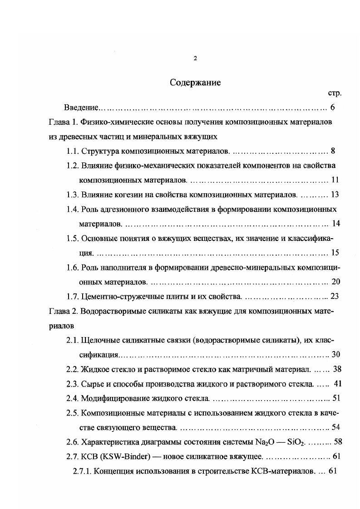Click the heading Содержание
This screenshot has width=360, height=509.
coord(195,83)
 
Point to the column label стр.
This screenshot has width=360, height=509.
coord(334,93)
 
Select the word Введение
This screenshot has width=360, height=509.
coord(81,108)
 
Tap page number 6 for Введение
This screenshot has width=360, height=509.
coord(333,108)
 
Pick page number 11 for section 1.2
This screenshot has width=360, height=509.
coord(335,180)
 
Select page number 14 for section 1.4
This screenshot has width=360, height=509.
coord(336,224)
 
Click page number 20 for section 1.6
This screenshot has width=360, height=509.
coord(335,282)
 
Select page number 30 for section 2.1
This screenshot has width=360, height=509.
coord(336,354)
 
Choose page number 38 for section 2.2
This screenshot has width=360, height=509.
coord(337,369)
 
